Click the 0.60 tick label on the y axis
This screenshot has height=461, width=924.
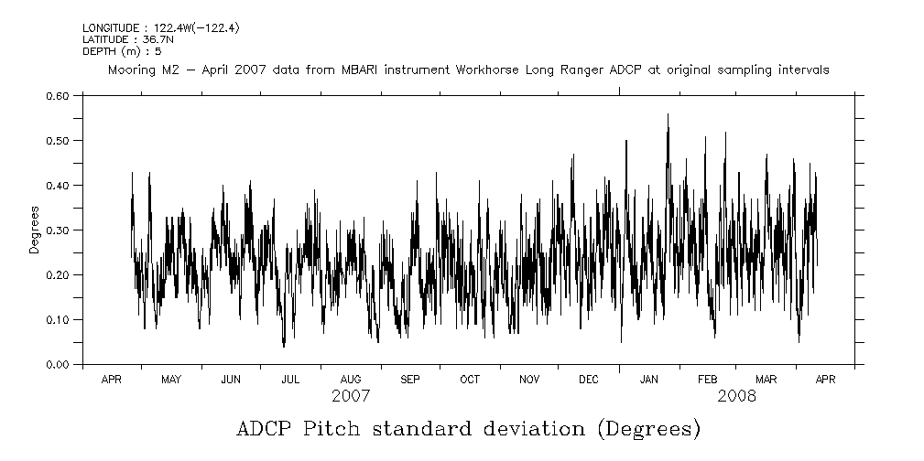pos(57,95)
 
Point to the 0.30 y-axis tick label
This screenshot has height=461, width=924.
pos(57,230)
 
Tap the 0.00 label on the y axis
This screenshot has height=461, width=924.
pos(57,364)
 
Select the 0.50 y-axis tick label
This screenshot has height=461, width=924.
pos(57,140)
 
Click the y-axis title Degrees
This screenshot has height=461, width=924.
pos(34,230)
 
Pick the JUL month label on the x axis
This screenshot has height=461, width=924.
pos(290,379)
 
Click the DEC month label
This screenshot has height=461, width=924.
pos(588,379)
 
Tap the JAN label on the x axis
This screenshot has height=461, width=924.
pos(648,379)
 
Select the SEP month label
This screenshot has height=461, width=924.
pos(409,379)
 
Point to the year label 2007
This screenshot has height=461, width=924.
pos(351,396)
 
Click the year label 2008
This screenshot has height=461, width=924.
pos(736,396)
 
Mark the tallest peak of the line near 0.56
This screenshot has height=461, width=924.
pos(668,114)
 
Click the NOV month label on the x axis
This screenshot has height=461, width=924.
pos(528,379)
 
